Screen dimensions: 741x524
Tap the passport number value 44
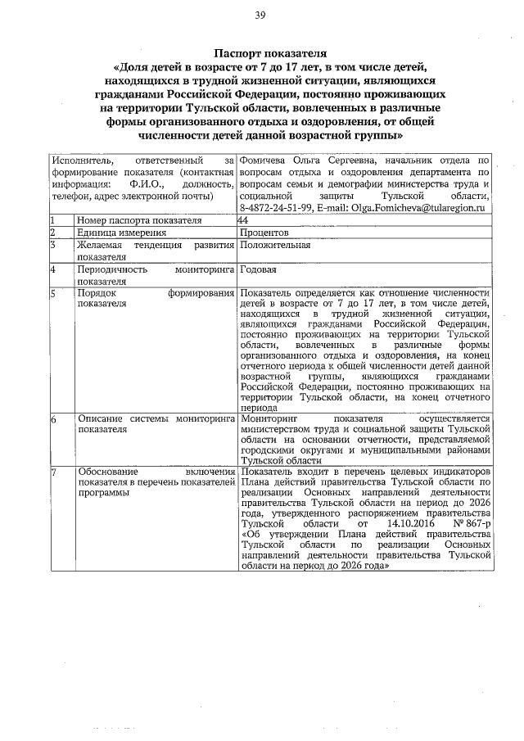point(242,220)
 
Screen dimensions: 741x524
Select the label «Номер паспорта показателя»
point(138,220)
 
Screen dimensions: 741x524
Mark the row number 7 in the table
point(52,472)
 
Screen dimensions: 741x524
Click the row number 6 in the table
point(52,419)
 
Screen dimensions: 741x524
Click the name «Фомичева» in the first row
point(268,160)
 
